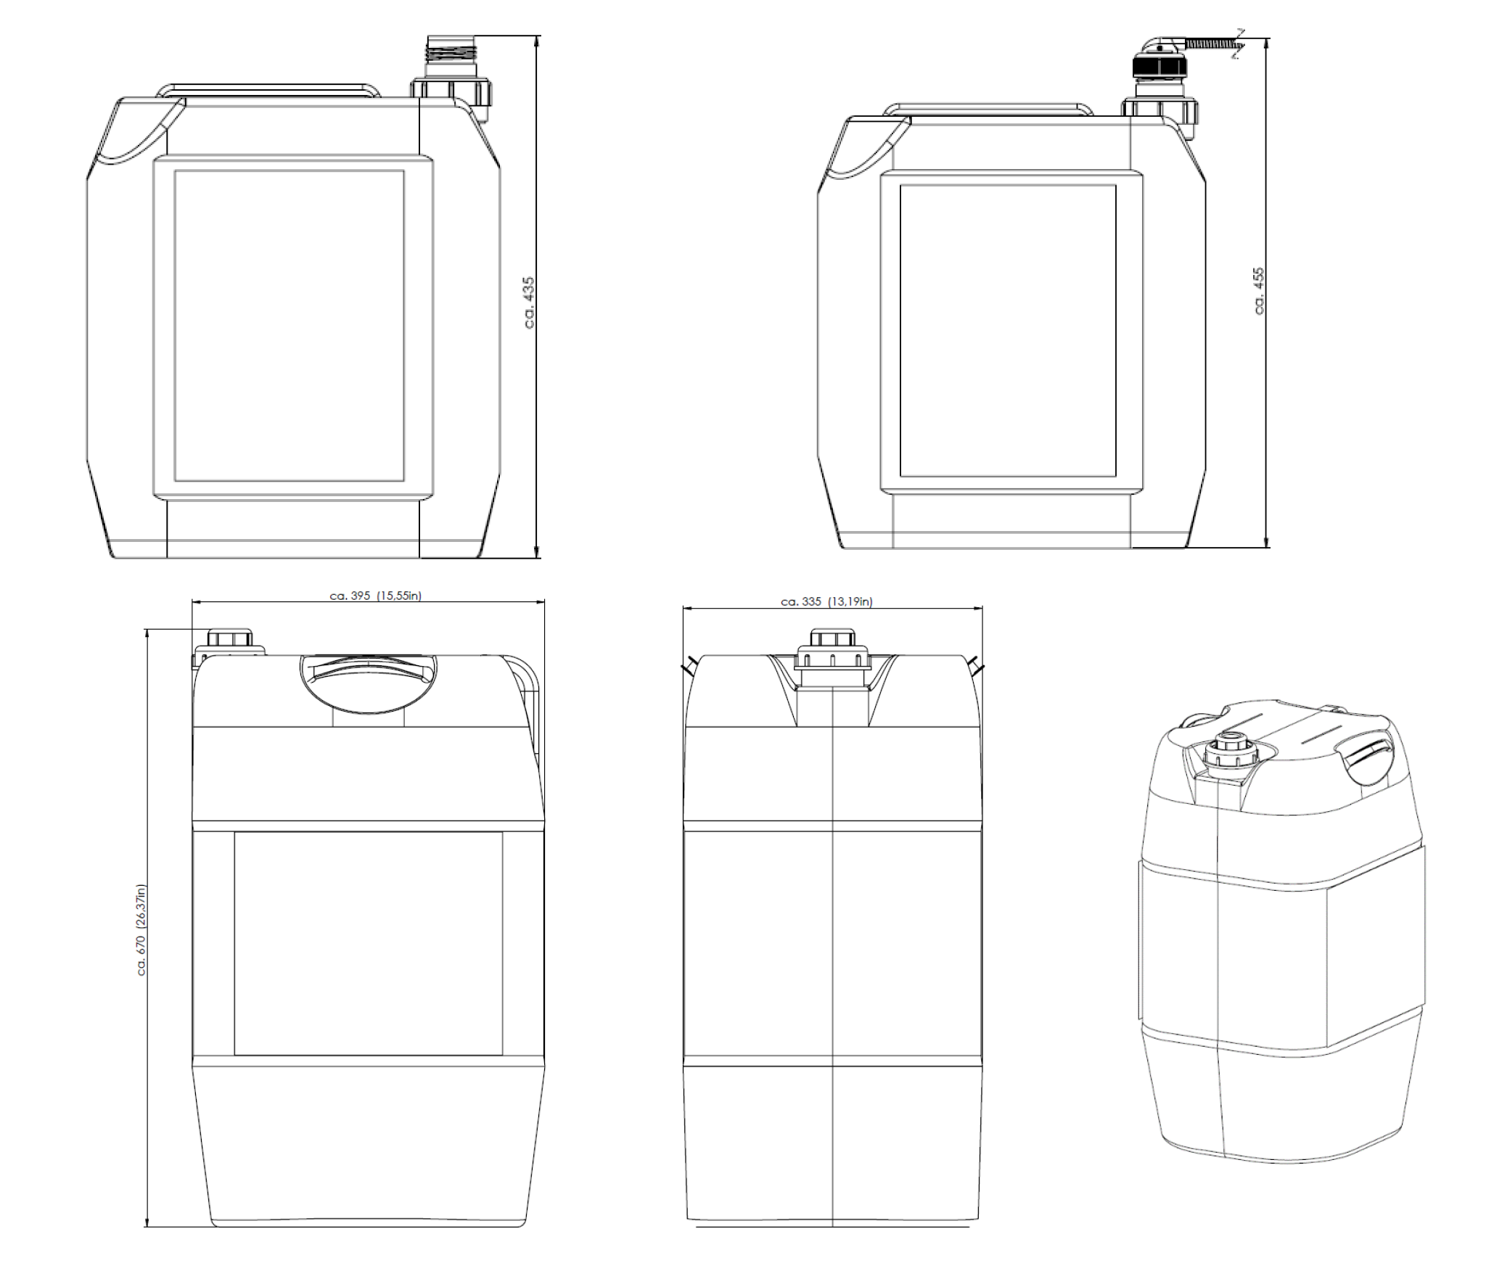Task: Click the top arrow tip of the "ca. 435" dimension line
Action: (x=538, y=36)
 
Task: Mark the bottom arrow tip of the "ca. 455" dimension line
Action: (x=1267, y=547)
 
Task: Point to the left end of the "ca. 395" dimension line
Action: (x=192, y=601)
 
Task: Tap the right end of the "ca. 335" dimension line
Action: (x=982, y=608)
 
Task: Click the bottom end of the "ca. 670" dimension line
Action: (x=147, y=1226)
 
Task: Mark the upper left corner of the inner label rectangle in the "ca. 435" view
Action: (x=175, y=171)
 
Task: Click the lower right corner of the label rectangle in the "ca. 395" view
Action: (x=502, y=1055)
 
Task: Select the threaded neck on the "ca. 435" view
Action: (x=448, y=50)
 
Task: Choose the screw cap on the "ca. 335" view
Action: (x=832, y=650)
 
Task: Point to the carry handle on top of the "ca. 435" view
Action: (x=268, y=90)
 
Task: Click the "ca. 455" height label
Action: (x=1259, y=291)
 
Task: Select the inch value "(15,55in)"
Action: (x=399, y=596)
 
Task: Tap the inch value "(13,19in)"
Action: (x=850, y=601)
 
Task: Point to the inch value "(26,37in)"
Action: (x=141, y=907)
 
